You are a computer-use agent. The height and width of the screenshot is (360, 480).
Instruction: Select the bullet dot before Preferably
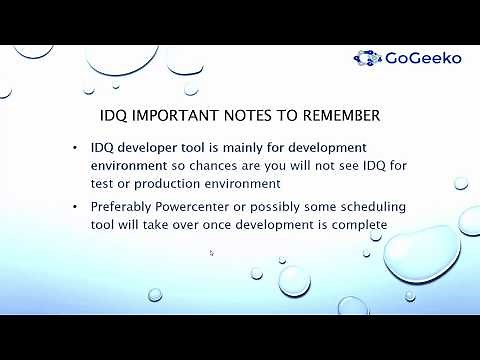tap(77, 207)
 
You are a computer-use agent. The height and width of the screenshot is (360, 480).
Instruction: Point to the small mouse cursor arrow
tap(211, 252)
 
